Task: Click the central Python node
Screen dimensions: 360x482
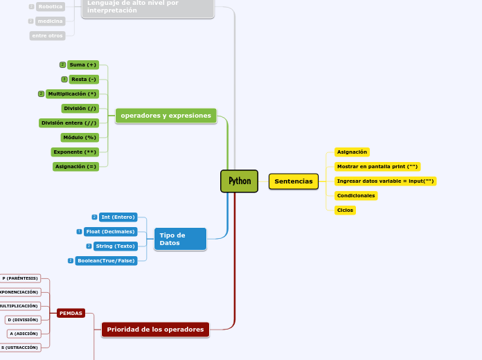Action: (x=239, y=181)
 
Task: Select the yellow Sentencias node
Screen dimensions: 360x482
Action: (x=294, y=181)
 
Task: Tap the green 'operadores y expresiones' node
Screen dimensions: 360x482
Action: (x=166, y=116)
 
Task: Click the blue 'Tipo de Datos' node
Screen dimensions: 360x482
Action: (x=179, y=239)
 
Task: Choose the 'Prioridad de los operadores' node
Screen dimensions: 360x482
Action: (x=155, y=330)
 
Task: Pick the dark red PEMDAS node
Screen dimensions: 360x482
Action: (x=71, y=313)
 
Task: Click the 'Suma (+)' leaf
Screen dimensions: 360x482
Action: (x=83, y=64)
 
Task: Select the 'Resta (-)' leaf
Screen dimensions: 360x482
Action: (x=84, y=79)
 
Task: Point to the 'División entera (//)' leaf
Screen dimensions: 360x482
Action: (x=69, y=123)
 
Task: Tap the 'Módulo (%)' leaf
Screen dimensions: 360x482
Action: (x=79, y=137)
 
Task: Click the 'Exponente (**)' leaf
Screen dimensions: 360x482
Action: (x=75, y=152)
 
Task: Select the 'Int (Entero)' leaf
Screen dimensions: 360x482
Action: (x=118, y=217)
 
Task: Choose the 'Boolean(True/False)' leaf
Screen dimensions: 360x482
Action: (x=106, y=260)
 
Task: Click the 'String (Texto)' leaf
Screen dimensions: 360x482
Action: (x=115, y=246)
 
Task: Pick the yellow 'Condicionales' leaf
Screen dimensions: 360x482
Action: (x=355, y=195)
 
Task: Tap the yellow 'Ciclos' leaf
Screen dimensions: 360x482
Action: (x=345, y=210)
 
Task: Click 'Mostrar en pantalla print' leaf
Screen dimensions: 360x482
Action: (x=377, y=166)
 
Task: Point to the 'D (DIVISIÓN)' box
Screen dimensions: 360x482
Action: (x=23, y=319)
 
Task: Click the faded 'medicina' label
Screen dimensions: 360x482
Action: (x=50, y=21)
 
